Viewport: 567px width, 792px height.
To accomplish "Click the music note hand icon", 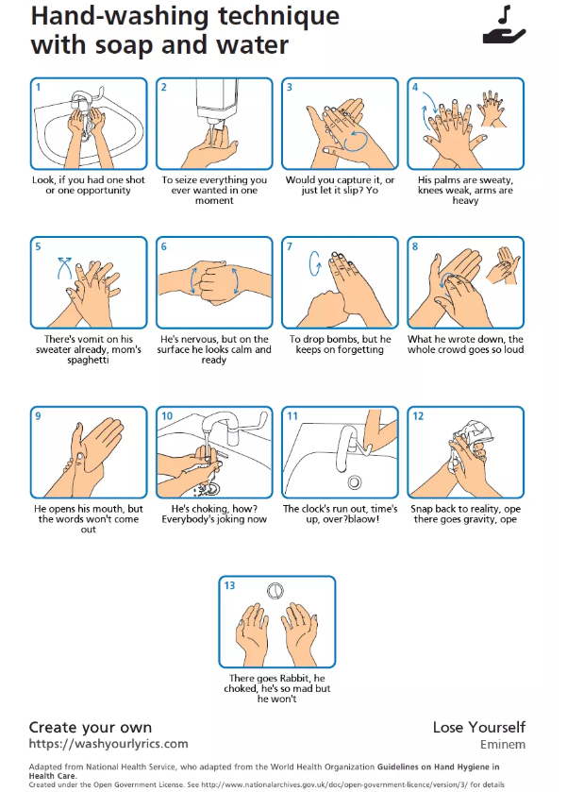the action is [x=505, y=25].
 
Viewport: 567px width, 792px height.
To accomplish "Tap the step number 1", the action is [x=38, y=88].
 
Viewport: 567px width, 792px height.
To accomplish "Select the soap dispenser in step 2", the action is [x=217, y=103].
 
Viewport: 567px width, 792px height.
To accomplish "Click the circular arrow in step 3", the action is [x=356, y=141].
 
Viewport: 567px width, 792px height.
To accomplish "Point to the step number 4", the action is [x=415, y=88].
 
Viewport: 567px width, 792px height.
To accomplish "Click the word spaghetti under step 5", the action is [x=88, y=361].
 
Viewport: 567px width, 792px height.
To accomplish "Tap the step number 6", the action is [x=163, y=247].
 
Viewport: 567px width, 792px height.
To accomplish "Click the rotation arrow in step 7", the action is [x=315, y=262].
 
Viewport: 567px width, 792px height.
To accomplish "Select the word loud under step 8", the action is [x=512, y=349].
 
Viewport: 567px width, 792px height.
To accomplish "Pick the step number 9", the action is [x=38, y=416].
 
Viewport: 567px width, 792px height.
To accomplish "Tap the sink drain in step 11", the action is [x=355, y=482].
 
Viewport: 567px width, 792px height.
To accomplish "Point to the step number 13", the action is [x=230, y=585].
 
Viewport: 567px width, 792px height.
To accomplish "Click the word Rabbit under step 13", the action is [x=294, y=679].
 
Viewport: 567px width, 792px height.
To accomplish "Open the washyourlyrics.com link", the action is [x=108, y=744].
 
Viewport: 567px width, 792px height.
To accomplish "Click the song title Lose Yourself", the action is [x=479, y=728].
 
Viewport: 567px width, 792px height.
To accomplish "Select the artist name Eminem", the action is [x=503, y=745].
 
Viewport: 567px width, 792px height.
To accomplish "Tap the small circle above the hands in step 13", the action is [x=275, y=591].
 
